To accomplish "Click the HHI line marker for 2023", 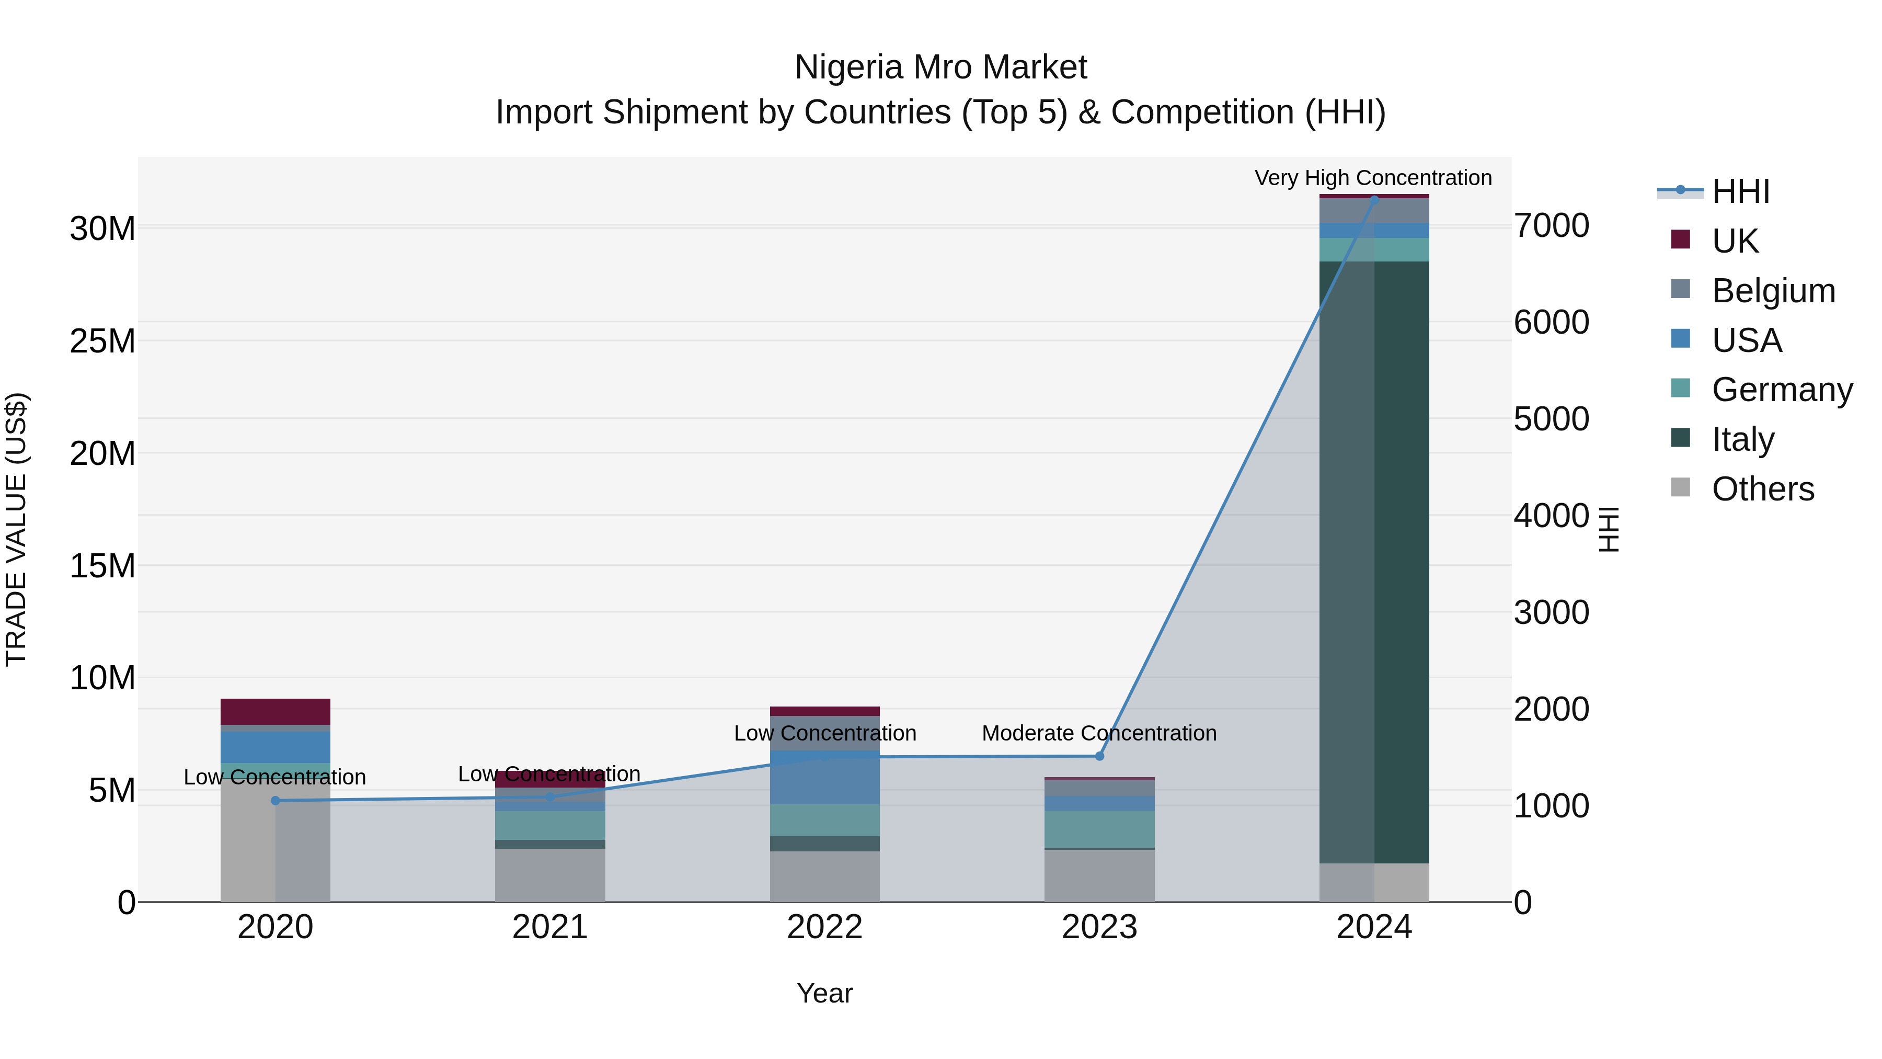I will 1099,756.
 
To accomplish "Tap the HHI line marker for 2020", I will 276,800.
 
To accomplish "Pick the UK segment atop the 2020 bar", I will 276,711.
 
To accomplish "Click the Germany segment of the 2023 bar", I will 1099,829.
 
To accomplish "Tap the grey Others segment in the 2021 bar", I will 549,875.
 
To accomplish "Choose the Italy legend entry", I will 1742,439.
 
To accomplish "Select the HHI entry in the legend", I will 1740,191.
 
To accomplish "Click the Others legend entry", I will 1762,489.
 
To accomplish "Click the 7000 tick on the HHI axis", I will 1551,226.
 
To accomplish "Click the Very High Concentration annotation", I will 1373,178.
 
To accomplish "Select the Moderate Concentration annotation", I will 1099,733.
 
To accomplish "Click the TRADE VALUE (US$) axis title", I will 16,529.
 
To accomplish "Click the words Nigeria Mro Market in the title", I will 940,67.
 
